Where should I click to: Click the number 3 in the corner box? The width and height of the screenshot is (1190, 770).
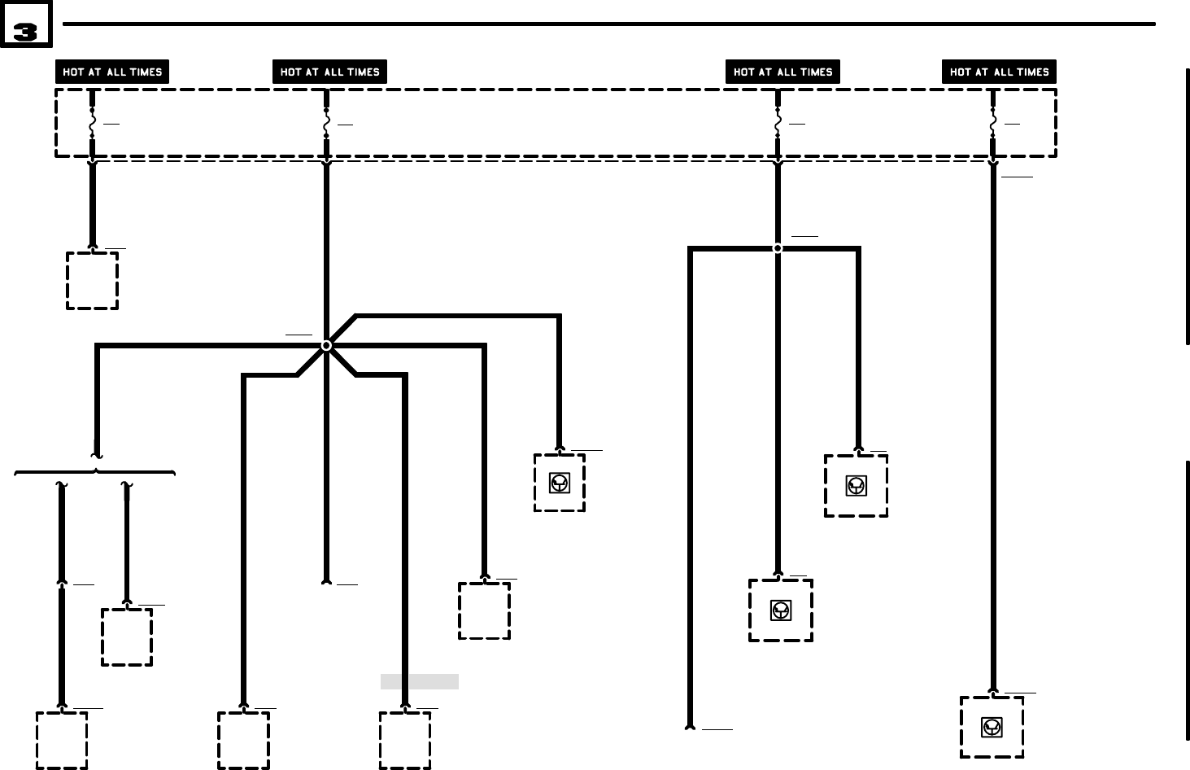click(25, 32)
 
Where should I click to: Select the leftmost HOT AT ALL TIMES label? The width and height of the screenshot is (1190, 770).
click(112, 72)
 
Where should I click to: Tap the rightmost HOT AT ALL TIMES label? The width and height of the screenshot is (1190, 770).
click(999, 72)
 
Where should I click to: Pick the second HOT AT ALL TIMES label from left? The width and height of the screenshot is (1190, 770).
click(329, 72)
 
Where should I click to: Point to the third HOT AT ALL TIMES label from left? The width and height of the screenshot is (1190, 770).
click(782, 72)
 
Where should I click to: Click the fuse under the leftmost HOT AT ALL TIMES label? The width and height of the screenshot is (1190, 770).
click(92, 123)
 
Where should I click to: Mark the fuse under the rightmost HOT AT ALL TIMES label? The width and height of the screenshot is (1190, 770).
click(992, 123)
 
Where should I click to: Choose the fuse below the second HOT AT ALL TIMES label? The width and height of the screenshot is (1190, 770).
click(326, 123)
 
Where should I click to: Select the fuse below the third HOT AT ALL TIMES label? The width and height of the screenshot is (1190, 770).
click(778, 123)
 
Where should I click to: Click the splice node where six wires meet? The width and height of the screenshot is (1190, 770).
click(326, 345)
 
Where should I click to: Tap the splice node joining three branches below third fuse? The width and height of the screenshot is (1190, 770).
click(778, 248)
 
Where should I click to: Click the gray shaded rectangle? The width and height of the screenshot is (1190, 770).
click(419, 681)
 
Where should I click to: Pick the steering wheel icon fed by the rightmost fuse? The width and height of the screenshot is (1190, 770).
click(991, 727)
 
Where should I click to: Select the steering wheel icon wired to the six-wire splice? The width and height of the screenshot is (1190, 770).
click(559, 483)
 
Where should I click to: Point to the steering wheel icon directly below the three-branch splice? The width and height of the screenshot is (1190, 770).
click(780, 610)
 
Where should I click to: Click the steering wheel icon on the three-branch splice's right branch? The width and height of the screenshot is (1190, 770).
click(856, 486)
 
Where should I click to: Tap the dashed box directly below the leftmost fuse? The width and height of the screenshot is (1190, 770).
click(92, 280)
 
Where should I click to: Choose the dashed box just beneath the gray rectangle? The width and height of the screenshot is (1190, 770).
click(405, 740)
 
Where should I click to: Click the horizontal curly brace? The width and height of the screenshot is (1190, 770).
click(95, 471)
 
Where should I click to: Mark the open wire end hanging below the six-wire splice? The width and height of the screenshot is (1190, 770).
click(326, 581)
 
